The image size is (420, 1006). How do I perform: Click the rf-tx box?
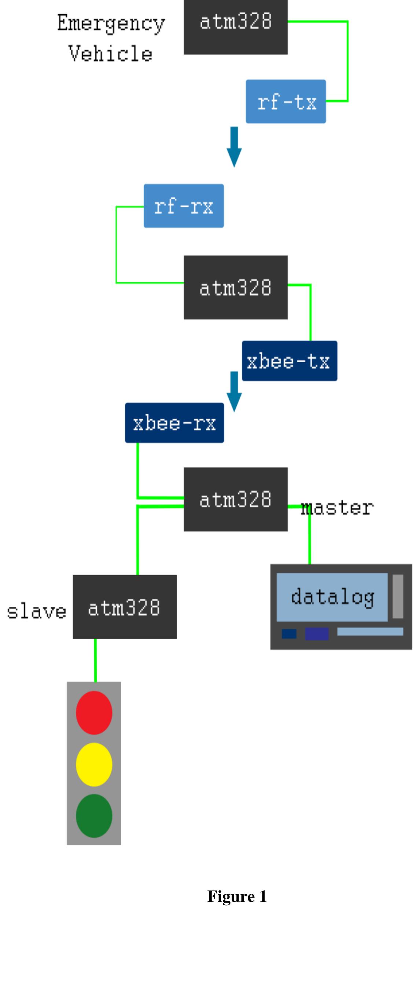285,102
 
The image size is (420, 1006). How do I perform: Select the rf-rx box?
184,206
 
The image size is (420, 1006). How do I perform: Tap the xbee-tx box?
289,360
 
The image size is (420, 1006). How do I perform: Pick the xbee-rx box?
174,423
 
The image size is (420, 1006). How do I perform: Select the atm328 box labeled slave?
125,606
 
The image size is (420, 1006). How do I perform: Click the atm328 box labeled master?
235,499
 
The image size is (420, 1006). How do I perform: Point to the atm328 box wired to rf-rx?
235,287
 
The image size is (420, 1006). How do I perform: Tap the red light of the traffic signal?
94,712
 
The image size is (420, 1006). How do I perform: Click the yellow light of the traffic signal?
94,764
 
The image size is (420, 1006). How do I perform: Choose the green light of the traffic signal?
94,815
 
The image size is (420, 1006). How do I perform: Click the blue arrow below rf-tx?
234,146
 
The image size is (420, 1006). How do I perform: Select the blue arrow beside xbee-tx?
234,391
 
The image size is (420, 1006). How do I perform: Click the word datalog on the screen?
332,597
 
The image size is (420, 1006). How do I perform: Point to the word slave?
37,611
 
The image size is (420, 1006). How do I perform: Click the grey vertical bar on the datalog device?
397,596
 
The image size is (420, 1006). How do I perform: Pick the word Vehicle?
110,54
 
